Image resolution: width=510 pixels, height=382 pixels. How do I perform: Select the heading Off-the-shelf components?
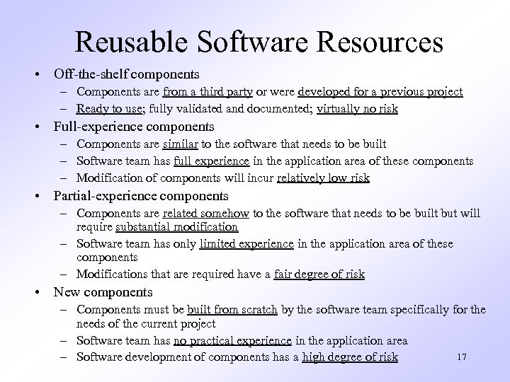(127, 73)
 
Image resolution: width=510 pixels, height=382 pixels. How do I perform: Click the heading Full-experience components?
(134, 127)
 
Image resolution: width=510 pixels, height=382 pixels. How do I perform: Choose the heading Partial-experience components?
(141, 195)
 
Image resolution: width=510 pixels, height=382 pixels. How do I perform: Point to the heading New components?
(103, 291)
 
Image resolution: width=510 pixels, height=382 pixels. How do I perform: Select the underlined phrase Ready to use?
(108, 109)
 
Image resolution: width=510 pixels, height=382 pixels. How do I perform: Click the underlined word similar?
(181, 145)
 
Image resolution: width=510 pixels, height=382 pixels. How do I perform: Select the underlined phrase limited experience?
(246, 243)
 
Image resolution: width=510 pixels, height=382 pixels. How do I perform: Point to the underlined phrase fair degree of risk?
(321, 274)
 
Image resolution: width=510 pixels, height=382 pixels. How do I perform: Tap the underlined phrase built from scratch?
(233, 309)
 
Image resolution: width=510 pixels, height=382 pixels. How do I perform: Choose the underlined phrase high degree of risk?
(350, 357)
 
